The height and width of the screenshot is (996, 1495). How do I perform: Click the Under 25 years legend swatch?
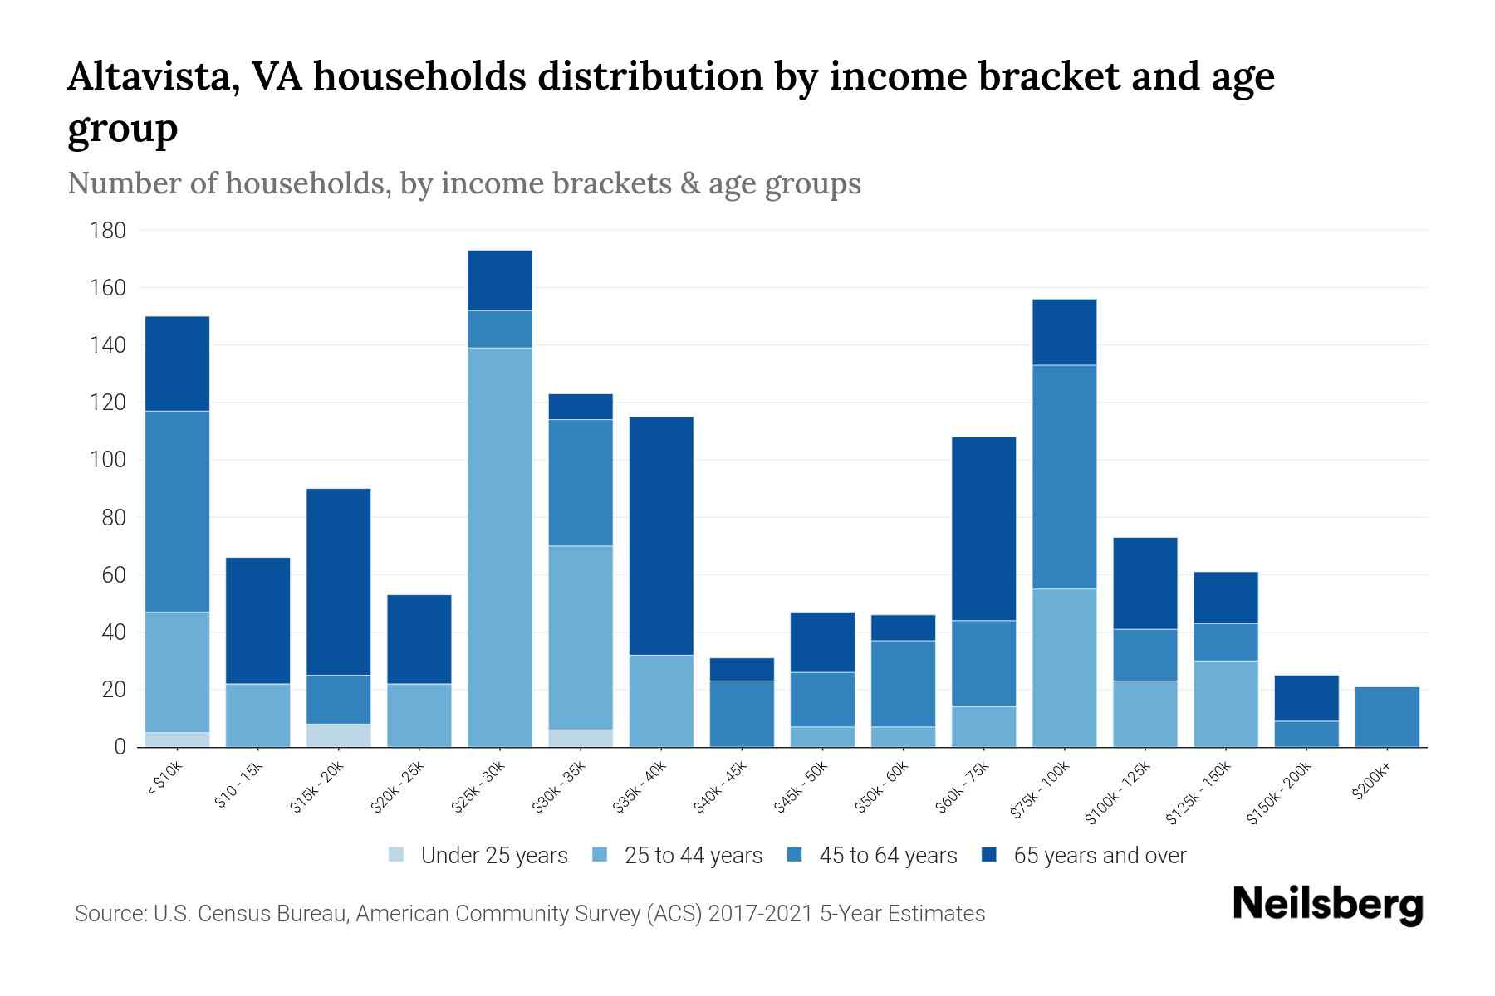click(397, 854)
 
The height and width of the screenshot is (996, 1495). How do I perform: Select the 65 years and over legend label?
click(1100, 856)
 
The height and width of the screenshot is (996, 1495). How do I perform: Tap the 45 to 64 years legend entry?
click(888, 856)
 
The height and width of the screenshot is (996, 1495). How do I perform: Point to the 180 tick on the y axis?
click(108, 231)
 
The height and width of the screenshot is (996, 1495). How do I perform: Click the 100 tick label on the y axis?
click(108, 461)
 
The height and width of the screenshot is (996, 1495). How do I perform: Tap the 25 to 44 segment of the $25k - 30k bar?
click(500, 548)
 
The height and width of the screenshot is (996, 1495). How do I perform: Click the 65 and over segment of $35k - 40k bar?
click(661, 535)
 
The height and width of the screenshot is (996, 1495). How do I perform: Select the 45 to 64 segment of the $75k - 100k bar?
click(1064, 477)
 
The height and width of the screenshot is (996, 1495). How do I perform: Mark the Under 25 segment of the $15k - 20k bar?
click(339, 735)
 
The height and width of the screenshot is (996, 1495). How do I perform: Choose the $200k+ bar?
click(1386, 717)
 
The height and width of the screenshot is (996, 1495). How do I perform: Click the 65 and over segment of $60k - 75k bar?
click(983, 529)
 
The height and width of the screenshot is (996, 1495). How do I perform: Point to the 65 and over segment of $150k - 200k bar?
click(1306, 698)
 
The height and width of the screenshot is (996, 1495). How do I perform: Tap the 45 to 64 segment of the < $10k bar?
click(177, 511)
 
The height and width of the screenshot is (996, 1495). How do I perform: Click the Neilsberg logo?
click(1327, 905)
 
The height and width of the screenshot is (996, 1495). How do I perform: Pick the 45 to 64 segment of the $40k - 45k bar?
click(742, 714)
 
